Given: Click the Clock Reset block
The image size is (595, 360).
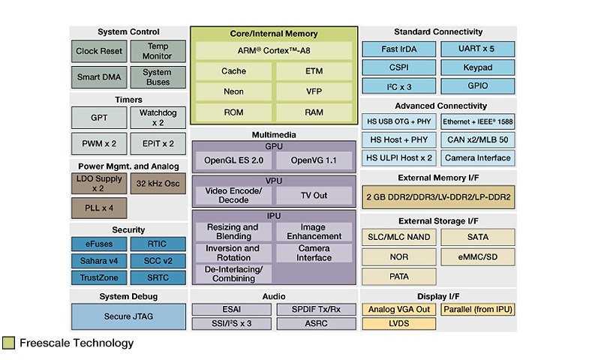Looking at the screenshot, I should (x=99, y=52).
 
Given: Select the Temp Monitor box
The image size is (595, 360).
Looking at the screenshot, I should (x=158, y=52).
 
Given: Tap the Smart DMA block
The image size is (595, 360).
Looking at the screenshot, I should (x=99, y=77).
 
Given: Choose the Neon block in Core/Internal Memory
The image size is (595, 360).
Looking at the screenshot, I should (x=233, y=91).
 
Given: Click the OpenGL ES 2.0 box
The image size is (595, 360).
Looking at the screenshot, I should (x=233, y=160).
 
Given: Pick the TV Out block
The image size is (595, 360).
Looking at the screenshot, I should (x=314, y=195).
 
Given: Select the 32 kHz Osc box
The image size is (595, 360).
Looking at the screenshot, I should (x=158, y=183).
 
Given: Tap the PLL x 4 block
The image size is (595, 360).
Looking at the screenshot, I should (x=99, y=207).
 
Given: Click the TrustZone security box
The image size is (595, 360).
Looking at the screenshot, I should (x=99, y=277).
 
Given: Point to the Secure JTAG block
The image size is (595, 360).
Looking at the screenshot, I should (x=128, y=316).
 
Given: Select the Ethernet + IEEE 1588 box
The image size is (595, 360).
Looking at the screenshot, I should (x=477, y=121).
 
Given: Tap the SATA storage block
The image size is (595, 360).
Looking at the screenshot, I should (x=477, y=237).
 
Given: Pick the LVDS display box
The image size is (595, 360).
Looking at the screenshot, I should (x=399, y=323).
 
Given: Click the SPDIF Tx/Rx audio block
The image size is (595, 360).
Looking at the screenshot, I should (x=314, y=309).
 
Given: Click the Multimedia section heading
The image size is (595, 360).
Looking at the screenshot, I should (x=273, y=134).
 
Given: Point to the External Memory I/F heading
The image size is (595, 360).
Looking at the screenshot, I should (x=438, y=178).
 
